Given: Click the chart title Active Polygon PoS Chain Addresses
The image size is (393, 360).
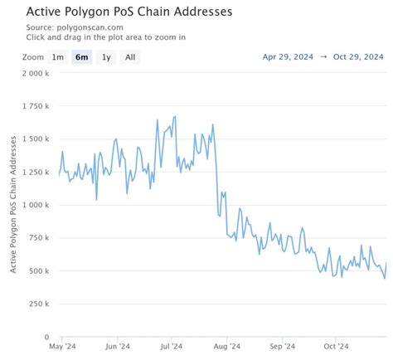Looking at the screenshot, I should (129, 12).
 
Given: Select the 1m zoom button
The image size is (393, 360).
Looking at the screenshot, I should (57, 57).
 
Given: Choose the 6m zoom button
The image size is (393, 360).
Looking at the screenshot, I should (81, 57).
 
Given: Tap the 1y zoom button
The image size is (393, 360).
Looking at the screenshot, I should (106, 57).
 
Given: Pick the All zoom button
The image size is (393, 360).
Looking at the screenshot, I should (130, 57).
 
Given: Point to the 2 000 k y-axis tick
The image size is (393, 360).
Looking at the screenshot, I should (38, 73).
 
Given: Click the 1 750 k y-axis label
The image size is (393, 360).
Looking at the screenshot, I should (38, 106).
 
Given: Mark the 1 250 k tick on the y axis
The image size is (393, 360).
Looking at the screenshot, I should (38, 172).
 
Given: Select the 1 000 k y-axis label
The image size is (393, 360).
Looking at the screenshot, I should (38, 205).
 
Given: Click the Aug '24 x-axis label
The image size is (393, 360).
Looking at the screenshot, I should (227, 347).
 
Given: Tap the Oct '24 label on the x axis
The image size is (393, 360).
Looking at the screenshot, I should (336, 347).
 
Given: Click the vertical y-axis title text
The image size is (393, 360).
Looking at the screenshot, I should (14, 205).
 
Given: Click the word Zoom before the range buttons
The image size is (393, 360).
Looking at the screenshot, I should (33, 57).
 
